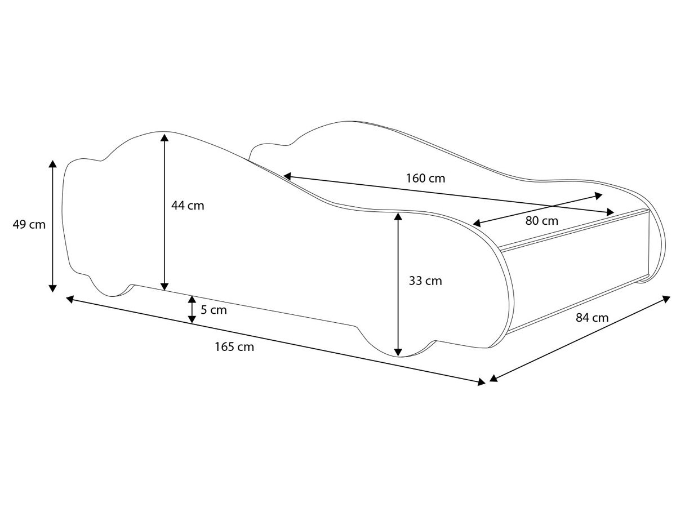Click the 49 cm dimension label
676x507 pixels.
point(29,225)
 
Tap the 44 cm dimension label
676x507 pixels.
point(188,206)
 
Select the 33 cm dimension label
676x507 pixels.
point(425,281)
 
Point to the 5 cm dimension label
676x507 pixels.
point(214,310)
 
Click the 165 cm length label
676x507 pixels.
point(234,347)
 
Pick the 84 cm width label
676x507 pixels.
point(592,318)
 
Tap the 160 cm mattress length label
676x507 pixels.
point(425,178)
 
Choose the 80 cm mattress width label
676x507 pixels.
point(542,221)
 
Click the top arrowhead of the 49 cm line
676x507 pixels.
point(52,164)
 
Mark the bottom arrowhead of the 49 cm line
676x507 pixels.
point(52,288)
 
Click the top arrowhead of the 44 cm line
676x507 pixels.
point(164,137)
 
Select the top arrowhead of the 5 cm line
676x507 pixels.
point(192,300)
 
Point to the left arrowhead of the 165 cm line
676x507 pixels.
point(70,299)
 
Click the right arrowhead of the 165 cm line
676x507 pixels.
point(481,382)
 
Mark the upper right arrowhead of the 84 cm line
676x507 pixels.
point(666,299)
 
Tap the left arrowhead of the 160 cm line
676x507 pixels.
point(287,176)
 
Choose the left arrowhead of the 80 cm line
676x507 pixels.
point(477,223)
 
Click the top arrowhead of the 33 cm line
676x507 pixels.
point(398,216)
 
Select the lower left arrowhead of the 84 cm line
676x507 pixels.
point(493,378)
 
